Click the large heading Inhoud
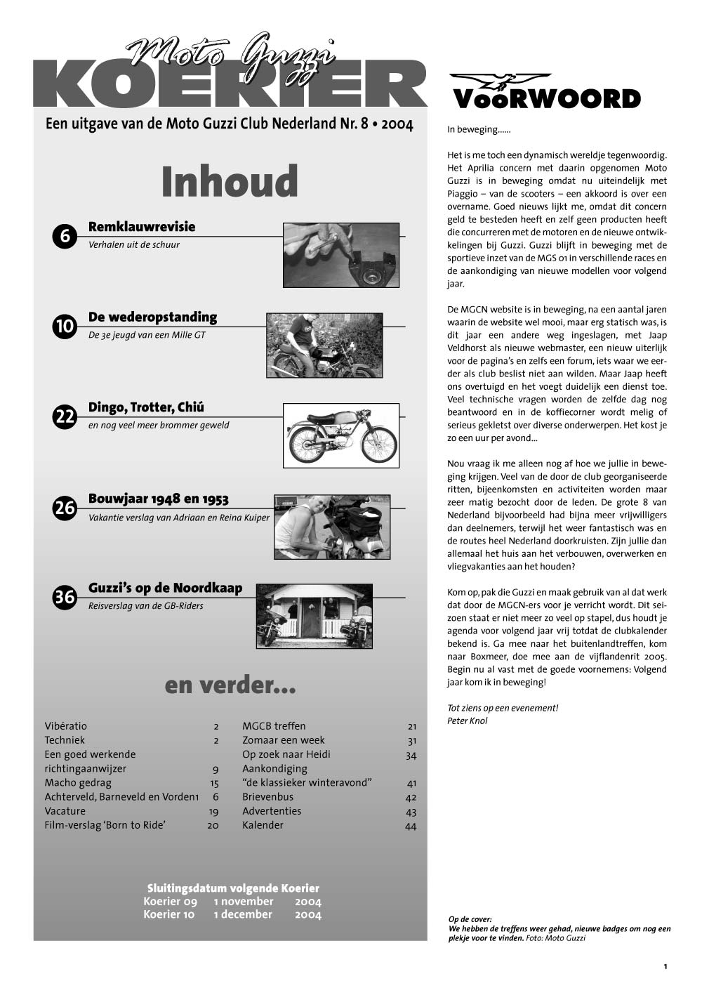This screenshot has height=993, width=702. pos(230,181)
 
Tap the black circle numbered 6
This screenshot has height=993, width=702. pos(65,237)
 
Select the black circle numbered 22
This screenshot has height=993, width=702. pos(65,417)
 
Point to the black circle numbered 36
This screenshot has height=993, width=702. pos(65,598)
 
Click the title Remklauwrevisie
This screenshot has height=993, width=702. pos(142,227)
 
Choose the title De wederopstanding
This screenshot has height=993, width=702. pos(152,317)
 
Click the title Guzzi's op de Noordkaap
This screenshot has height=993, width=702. pos(165,588)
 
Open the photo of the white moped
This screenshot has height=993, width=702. pos(340,435)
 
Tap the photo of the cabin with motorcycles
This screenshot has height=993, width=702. pos(314,615)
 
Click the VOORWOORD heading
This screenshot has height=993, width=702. pos(547,99)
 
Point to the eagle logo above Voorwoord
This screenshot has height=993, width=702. pos(500,81)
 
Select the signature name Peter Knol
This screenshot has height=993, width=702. pos(467,721)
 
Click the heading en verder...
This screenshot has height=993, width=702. pos(230,685)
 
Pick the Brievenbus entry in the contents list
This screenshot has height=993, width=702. pos(267,797)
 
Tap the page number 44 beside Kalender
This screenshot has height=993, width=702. pos(411,826)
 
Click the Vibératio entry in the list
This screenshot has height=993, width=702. pos(65,726)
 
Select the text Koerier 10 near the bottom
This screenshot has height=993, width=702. pos(168,914)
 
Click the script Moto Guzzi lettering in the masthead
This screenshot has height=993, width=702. pos(232,51)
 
